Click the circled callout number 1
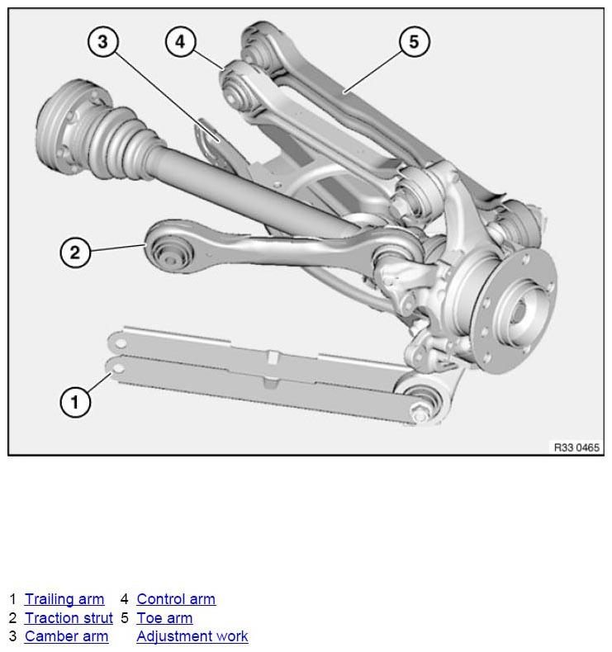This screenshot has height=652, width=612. pos(75,402)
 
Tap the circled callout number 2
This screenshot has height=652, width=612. pos(75,253)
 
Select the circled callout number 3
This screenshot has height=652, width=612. pos(102,41)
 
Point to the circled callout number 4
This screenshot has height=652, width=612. pos(180,41)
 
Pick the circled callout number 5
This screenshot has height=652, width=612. pos(414,41)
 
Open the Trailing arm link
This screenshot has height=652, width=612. pos(64,599)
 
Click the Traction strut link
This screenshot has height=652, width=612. pos(69,618)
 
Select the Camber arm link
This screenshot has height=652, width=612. pos(67,636)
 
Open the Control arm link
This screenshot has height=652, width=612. pos(176,599)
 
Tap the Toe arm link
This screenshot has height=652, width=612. pos(164,618)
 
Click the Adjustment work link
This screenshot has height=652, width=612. pos(192,636)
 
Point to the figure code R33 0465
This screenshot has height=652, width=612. pos(576,447)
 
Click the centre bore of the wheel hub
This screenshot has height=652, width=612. pos(517,311)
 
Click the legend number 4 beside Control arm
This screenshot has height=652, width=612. pos(124,599)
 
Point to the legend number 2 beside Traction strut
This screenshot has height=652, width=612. pos(12,618)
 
